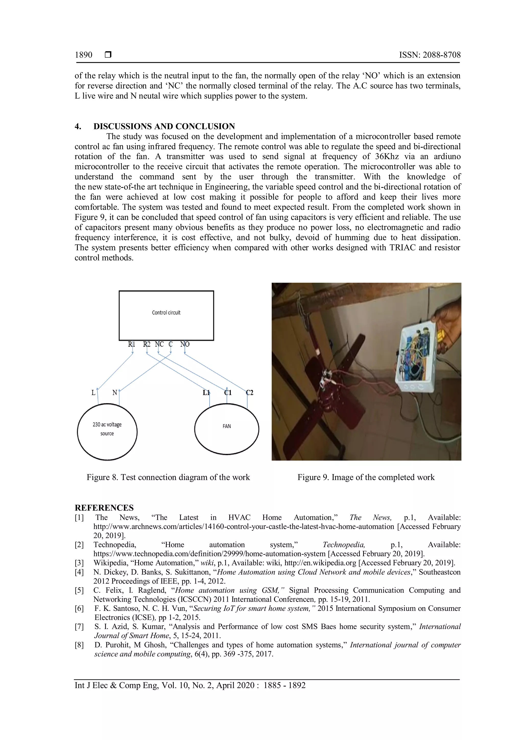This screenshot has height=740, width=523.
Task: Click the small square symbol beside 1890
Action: point(108,54)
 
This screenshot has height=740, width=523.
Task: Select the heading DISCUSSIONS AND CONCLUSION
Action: point(164,126)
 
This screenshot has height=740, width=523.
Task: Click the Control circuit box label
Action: point(166,313)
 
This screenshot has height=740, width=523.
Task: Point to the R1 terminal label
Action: point(132,344)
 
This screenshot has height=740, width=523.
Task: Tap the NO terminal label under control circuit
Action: point(185,344)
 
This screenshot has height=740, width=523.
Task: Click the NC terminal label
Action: point(159,344)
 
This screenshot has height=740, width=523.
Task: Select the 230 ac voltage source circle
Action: point(107,432)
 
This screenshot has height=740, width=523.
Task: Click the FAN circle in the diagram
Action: point(227,429)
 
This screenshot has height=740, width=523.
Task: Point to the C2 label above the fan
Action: point(249,392)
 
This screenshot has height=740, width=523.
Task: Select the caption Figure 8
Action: point(168,477)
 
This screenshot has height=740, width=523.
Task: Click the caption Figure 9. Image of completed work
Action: point(366,477)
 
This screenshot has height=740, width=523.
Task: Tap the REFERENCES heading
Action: point(104,508)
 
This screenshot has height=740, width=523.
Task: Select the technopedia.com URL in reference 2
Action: point(209,554)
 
